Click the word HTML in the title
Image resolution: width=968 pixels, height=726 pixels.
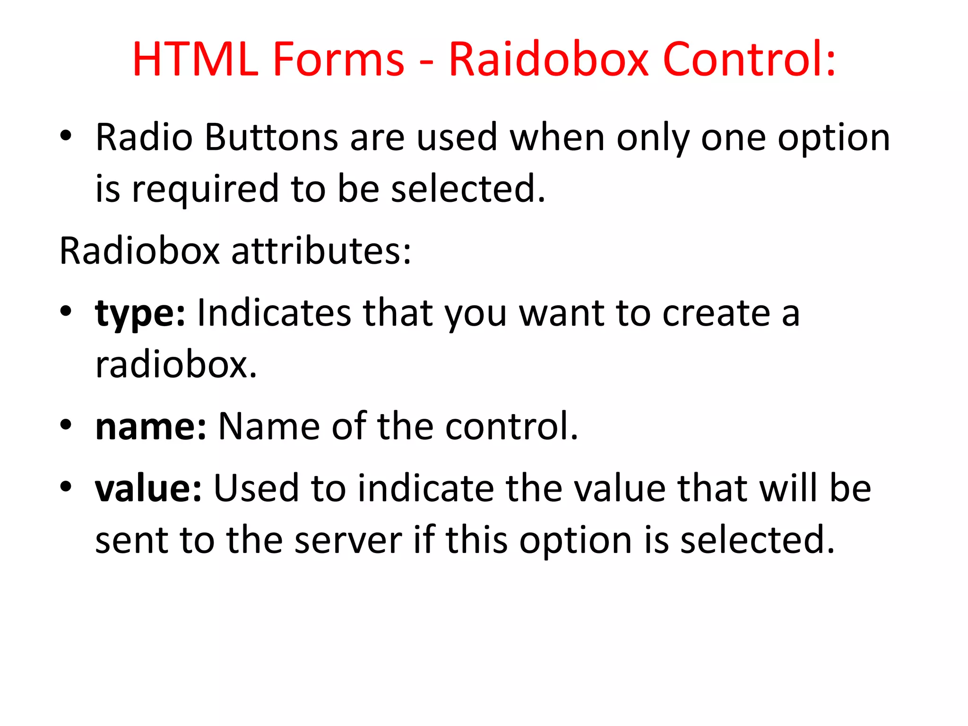[x=195, y=60]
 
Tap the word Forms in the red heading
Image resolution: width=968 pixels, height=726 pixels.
[x=338, y=60]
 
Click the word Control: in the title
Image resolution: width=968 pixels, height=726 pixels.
[x=750, y=60]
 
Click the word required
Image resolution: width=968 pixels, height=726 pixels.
[x=205, y=189]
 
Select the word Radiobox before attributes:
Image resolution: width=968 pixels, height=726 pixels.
[x=139, y=251]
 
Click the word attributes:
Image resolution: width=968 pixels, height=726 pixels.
[x=321, y=251]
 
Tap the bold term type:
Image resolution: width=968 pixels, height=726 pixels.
[x=140, y=313]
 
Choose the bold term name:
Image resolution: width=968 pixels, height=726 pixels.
[x=151, y=426]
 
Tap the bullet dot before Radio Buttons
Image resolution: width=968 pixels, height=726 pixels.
[x=66, y=137]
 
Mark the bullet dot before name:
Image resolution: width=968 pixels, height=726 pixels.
[x=66, y=425]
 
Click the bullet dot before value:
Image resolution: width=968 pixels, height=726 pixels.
[x=66, y=486]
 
